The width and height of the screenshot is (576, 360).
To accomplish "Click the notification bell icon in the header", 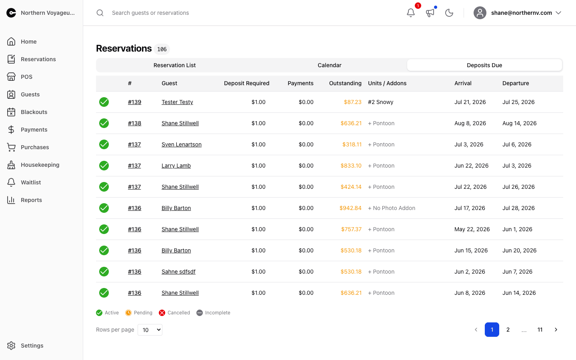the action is pos(411,13).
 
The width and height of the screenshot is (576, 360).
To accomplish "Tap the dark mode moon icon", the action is pos(449,13).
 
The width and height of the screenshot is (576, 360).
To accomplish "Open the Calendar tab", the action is pos(330,65).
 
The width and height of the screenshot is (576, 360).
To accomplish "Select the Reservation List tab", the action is pos(174,65).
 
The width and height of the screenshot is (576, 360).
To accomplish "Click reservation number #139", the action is pos(134,102).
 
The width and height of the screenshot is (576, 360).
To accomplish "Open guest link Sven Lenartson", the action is pos(182,144).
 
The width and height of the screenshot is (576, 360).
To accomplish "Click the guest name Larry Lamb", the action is pos(176,166).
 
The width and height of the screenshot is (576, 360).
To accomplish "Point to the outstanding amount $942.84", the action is pos(350,208).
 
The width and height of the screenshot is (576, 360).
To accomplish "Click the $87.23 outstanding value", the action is pos(352,102).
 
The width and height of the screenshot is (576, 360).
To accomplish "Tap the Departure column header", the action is pos(516,83).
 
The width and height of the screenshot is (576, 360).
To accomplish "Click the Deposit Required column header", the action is pos(246,83).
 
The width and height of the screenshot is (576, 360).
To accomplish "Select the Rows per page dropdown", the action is pos(150,330).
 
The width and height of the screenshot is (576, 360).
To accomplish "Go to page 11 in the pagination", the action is pos(540,330).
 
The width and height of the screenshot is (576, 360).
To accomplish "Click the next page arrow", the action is pos(556,330).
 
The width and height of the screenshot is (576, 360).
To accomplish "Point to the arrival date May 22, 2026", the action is pos(472,229).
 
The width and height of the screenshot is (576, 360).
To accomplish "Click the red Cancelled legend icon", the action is pos(162,313).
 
